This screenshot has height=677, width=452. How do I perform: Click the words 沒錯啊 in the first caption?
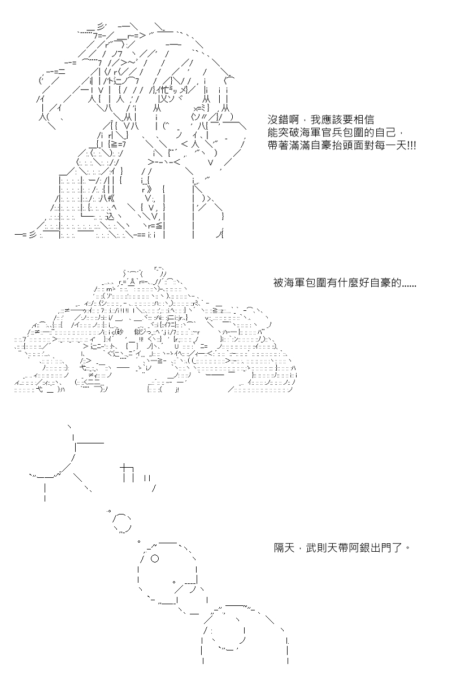tap(284, 120)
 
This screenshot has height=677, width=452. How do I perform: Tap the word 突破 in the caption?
tap(289, 133)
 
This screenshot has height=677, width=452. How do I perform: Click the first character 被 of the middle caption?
tap(279, 283)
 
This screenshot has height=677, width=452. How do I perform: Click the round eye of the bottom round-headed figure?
tap(154, 559)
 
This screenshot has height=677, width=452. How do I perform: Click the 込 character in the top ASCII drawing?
tap(110, 216)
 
